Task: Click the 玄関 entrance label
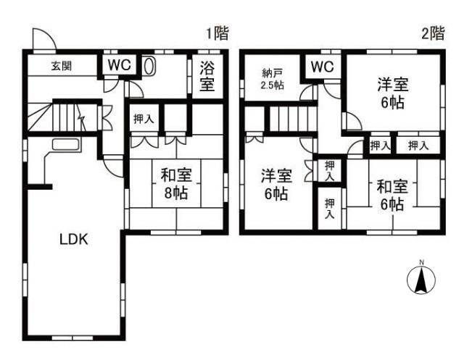(x=62, y=66)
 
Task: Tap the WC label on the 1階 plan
(x=119, y=64)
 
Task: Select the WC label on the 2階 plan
(x=322, y=67)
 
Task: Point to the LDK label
(x=74, y=240)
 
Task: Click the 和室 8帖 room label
(x=176, y=184)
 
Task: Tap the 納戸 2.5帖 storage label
(x=272, y=79)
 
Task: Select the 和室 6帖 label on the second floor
(x=392, y=195)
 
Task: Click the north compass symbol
(x=421, y=280)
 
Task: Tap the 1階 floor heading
(x=218, y=33)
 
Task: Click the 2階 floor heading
(x=433, y=33)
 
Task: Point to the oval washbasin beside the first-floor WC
(x=149, y=66)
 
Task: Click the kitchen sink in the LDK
(x=65, y=144)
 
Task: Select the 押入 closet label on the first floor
(x=144, y=119)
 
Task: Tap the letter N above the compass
(x=421, y=262)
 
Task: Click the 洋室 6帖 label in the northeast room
(x=392, y=93)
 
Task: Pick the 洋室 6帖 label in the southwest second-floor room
(x=276, y=184)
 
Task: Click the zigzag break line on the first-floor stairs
(x=81, y=117)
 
